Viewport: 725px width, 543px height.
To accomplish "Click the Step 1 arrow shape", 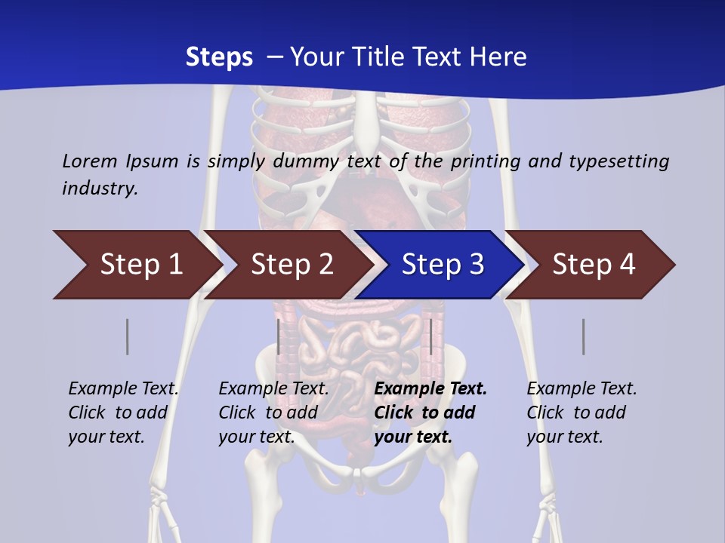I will click(136, 265).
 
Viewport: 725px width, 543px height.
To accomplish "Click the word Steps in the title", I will click(219, 57).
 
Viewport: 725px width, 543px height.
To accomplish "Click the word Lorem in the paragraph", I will click(90, 161).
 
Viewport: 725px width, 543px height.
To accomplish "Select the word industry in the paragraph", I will click(100, 188).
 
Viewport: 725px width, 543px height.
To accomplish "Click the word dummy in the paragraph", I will click(307, 161).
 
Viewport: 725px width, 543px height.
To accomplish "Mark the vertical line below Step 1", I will click(127, 336).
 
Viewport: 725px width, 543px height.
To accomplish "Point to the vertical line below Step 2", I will click(279, 336).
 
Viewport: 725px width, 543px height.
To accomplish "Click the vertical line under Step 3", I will click(430, 336).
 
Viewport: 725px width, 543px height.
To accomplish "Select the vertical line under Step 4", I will click(583, 336).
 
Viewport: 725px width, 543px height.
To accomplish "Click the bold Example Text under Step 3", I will click(430, 389).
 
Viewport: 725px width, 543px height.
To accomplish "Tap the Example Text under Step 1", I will click(123, 389).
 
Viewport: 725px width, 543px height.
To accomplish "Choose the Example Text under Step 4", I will click(582, 389).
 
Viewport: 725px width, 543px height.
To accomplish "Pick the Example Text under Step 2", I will click(273, 389).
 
